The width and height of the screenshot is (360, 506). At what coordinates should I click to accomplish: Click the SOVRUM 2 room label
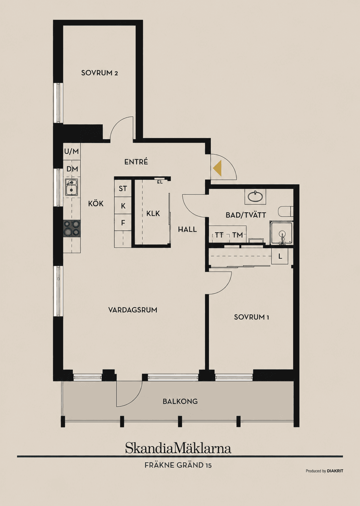pyautogui.click(x=99, y=73)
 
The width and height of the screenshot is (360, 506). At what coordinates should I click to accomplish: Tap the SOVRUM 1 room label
pyautogui.click(x=251, y=317)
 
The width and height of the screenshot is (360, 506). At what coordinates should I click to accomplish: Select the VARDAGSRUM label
pyautogui.click(x=133, y=310)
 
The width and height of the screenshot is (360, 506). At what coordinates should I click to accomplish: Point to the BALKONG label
pyautogui.click(x=180, y=401)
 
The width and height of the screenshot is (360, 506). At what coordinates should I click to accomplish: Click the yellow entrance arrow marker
pyautogui.click(x=217, y=168)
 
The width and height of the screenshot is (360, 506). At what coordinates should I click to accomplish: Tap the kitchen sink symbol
pyautogui.click(x=72, y=187)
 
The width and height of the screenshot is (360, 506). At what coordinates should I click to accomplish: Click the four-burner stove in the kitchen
pyautogui.click(x=72, y=228)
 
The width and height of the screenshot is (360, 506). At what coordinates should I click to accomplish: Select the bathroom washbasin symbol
pyautogui.click(x=255, y=196)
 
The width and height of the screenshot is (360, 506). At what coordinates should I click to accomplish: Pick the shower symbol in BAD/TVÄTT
pyautogui.click(x=282, y=233)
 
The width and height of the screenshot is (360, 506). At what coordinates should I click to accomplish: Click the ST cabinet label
pyautogui.click(x=123, y=188)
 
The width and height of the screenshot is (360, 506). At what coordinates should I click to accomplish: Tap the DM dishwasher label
pyautogui.click(x=72, y=169)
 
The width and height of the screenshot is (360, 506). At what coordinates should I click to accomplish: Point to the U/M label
pyautogui.click(x=72, y=151)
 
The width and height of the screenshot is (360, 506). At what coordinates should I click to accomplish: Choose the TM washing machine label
pyautogui.click(x=238, y=235)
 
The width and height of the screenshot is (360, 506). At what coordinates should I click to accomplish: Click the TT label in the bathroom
pyautogui.click(x=219, y=235)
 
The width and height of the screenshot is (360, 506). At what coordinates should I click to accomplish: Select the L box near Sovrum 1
pyautogui.click(x=280, y=256)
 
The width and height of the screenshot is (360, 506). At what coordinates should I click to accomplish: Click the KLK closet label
pyautogui.click(x=153, y=214)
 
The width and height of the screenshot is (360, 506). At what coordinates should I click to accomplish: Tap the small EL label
pyautogui.click(x=160, y=182)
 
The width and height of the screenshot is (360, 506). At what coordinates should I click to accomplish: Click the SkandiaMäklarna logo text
pyautogui.click(x=178, y=449)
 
